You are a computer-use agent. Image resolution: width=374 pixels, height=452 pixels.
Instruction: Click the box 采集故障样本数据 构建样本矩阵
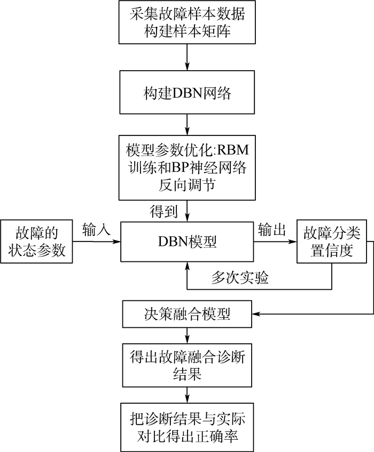click(188, 22)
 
